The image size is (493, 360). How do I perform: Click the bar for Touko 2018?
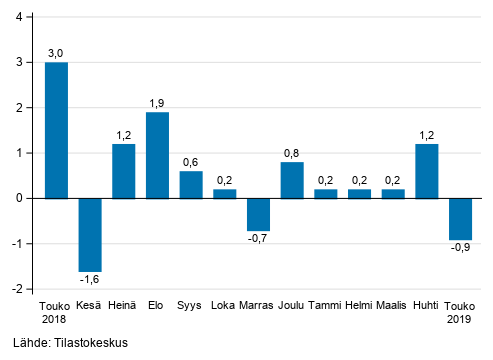click(56, 130)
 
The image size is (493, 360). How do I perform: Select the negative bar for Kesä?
click(90, 234)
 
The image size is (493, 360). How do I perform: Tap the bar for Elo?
click(157, 155)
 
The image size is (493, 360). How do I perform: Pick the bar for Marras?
click(258, 214)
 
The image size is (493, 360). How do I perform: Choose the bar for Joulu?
click(292, 180)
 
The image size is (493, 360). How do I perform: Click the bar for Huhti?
click(426, 171)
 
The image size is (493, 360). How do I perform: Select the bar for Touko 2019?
click(460, 218)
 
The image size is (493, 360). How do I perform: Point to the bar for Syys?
click(191, 184)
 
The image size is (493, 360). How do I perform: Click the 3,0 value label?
click(56, 53)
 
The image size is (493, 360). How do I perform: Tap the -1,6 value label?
click(90, 280)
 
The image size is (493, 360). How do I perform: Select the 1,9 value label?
click(157, 103)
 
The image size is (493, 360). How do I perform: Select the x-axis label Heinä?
click(123, 305)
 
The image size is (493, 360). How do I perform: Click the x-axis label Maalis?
click(393, 305)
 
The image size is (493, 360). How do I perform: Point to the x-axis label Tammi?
click(325, 305)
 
